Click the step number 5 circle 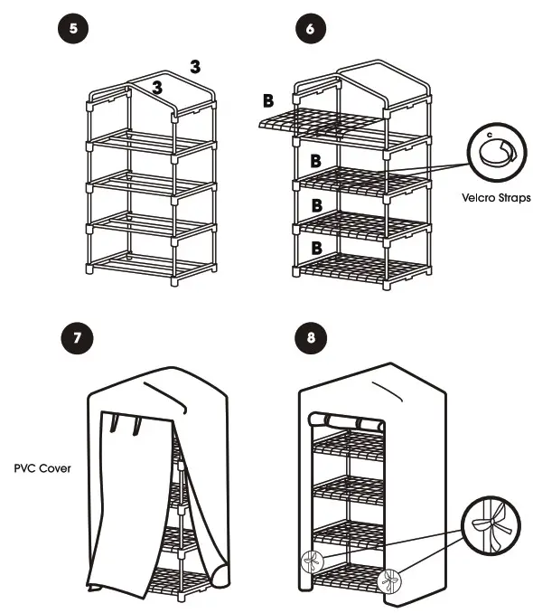pyautogui.click(x=72, y=28)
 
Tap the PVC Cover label pyautogui.click(x=43, y=470)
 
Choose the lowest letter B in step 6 pyautogui.click(x=316, y=247)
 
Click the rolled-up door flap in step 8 pyautogui.click(x=345, y=421)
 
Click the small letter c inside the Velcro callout pyautogui.click(x=489, y=135)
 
